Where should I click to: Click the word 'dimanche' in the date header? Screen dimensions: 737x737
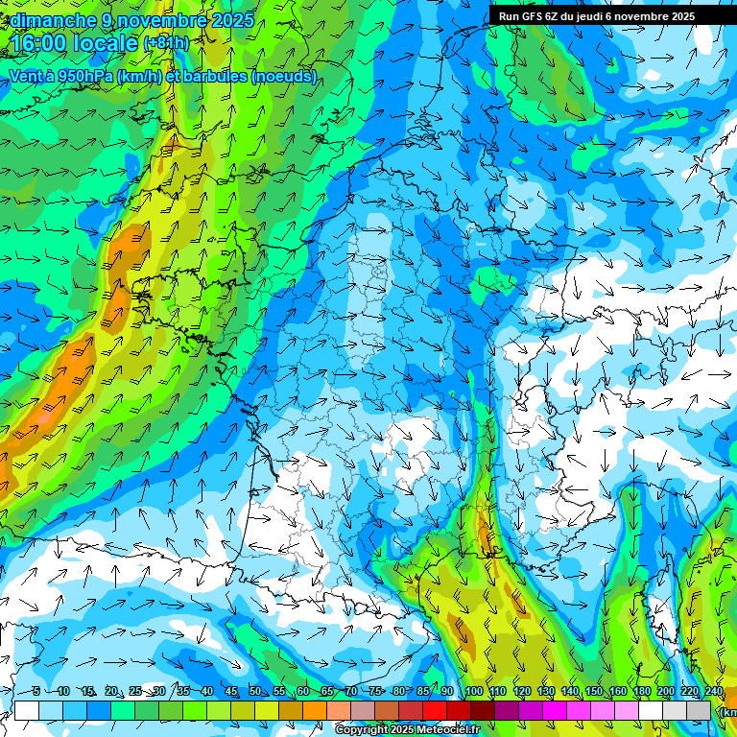[53, 20]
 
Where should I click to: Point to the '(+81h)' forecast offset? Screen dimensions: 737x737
[166, 43]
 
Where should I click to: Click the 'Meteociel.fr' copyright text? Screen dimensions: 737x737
[445, 730]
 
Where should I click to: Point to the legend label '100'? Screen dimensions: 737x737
[474, 691]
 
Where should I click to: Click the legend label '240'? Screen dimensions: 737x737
[713, 691]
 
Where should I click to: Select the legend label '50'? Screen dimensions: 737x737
[254, 691]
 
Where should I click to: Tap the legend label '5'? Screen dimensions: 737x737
[36, 691]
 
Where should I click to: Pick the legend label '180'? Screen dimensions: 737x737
[641, 691]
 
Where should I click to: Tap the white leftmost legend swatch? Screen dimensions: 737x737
[27, 710]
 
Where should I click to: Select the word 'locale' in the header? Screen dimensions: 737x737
[103, 43]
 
